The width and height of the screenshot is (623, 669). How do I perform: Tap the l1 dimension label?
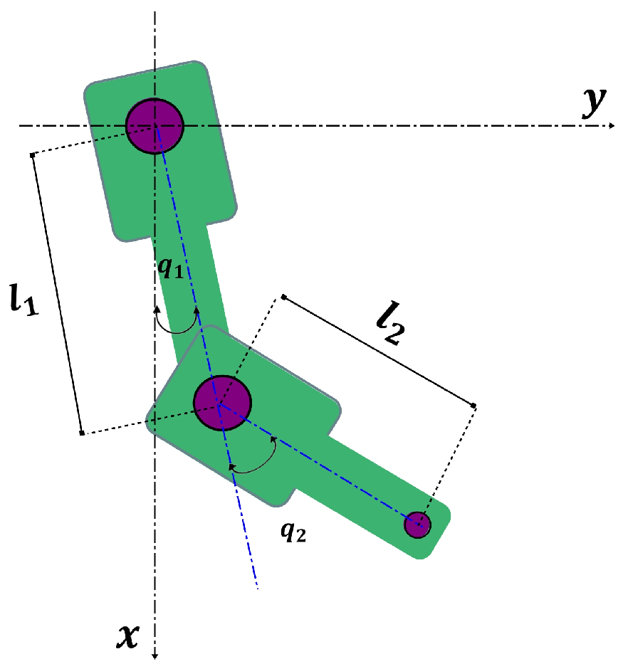click(x=23, y=299)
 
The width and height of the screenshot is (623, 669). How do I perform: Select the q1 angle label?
click(x=172, y=268)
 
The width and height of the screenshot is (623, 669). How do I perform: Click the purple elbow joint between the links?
click(x=223, y=403)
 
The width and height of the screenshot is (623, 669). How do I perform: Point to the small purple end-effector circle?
click(x=417, y=525)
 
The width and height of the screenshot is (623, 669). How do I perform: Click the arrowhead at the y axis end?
click(x=612, y=126)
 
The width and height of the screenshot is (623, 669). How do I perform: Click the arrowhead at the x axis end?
click(x=155, y=655)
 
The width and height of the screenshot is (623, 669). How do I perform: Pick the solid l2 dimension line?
click(x=378, y=351)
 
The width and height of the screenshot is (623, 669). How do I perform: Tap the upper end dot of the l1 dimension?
click(x=32, y=154)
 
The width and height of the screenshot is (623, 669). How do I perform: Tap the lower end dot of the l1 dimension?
click(x=82, y=433)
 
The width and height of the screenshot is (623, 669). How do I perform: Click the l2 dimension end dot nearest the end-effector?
click(x=473, y=406)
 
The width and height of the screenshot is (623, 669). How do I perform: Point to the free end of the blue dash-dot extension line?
click(x=256, y=588)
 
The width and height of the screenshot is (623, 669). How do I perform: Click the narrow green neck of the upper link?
click(x=188, y=285)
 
